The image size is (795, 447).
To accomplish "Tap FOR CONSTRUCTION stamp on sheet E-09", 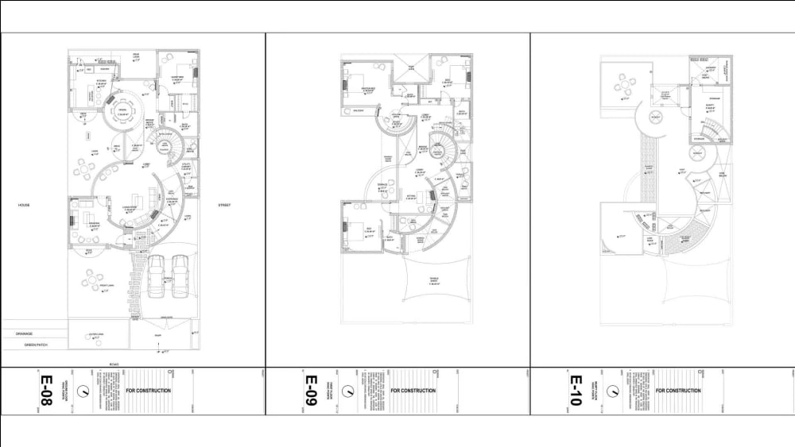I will (413, 391).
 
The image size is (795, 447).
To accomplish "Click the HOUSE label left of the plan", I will (24, 205).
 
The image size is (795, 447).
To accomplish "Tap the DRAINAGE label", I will (25, 334).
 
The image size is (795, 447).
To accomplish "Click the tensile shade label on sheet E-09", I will (435, 280).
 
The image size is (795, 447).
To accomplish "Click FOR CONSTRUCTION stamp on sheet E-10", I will (679, 391).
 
